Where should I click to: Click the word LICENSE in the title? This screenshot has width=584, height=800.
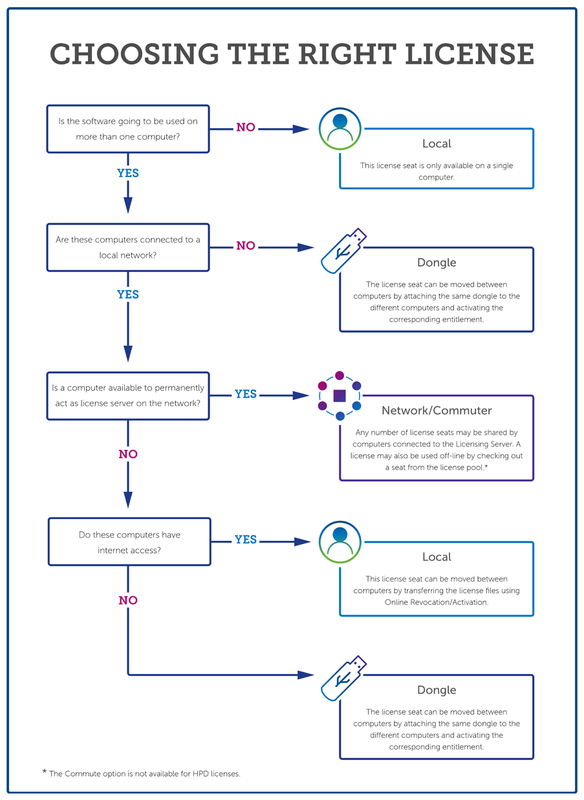tap(470, 54)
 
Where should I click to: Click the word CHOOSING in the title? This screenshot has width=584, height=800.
tap(134, 54)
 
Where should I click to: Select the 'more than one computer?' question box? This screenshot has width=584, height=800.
tap(128, 129)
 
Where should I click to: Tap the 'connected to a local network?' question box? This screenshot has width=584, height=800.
tap(128, 247)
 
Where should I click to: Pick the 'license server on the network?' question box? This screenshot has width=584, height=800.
tap(128, 395)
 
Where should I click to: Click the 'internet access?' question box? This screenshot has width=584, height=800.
tap(129, 542)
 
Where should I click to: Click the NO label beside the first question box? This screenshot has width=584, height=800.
tap(246, 127)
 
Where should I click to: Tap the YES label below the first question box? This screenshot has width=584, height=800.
tap(128, 173)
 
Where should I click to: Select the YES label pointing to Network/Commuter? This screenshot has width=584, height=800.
tap(246, 394)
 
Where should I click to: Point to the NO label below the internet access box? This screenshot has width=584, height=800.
tap(128, 600)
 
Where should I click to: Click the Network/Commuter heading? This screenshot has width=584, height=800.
tap(437, 410)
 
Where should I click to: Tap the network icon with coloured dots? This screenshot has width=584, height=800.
tap(340, 395)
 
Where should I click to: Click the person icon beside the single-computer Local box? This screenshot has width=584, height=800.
tap(340, 129)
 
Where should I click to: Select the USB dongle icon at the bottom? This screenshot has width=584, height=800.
tap(343, 678)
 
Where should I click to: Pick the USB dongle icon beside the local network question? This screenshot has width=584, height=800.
tap(343, 251)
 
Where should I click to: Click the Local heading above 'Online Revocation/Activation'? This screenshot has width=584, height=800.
tap(437, 557)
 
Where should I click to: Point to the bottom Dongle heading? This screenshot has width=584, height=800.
tap(437, 689)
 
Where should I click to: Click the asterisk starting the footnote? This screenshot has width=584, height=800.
tap(45, 772)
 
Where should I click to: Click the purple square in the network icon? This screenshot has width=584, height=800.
tap(340, 395)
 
